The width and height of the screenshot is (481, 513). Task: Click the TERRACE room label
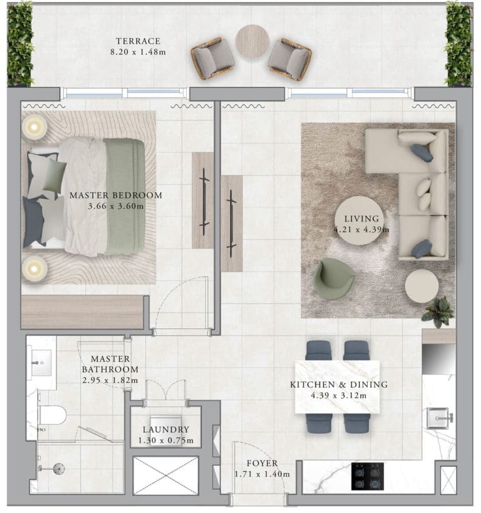[138, 41]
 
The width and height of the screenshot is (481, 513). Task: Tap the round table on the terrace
[252, 41]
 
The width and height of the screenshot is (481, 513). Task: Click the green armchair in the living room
[334, 278]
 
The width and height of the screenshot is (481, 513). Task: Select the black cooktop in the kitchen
[368, 476]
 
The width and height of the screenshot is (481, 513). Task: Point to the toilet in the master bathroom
[52, 415]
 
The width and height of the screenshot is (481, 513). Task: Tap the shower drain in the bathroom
[59, 469]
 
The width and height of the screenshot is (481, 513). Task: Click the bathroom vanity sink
[41, 362]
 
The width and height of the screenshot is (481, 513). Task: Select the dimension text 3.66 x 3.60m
[116, 206]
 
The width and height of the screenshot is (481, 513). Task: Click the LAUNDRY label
[166, 430]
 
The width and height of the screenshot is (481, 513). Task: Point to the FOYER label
[262, 464]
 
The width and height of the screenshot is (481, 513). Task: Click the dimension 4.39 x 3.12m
[339, 395]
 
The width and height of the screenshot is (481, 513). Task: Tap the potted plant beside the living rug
[438, 311]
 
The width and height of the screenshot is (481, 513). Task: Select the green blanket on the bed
[125, 196]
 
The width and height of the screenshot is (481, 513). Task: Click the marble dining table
[338, 387]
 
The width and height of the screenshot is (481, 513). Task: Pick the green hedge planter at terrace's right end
[459, 44]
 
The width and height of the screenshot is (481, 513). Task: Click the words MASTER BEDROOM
[116, 195]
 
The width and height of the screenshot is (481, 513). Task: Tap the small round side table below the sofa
[422, 287]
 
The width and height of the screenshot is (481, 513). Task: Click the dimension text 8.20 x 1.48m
[138, 52]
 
